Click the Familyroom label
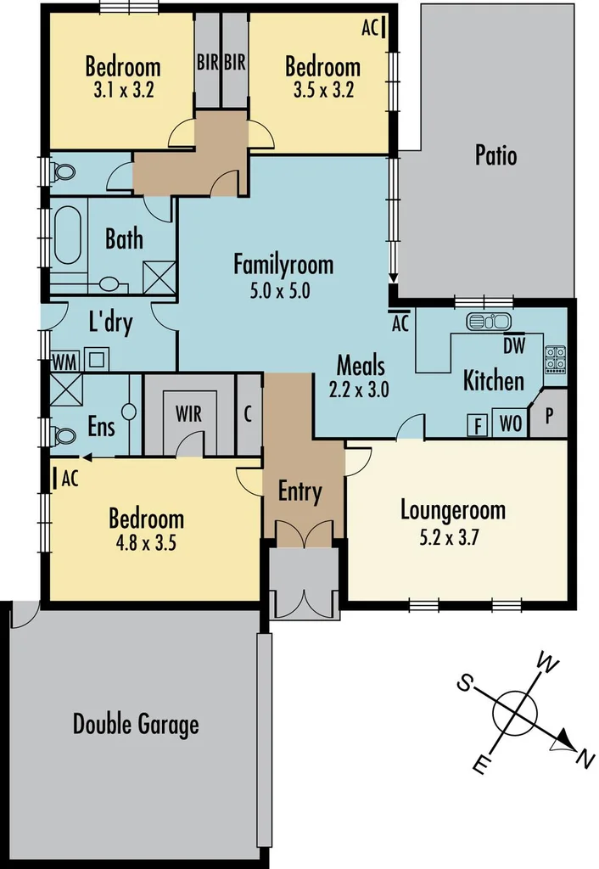coord(283,265)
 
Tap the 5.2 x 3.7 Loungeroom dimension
coord(452,536)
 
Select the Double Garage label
coord(136,725)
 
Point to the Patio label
coord(495,156)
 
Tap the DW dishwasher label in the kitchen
coord(513,345)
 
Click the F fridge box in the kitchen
coord(479,424)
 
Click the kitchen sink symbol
coord(488,322)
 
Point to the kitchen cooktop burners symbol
coord(555,359)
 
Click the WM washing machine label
coord(63,361)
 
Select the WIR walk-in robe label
coord(188,414)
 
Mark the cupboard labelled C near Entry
coord(248,415)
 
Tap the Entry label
coord(300,491)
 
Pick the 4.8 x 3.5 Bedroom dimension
coord(146,543)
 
